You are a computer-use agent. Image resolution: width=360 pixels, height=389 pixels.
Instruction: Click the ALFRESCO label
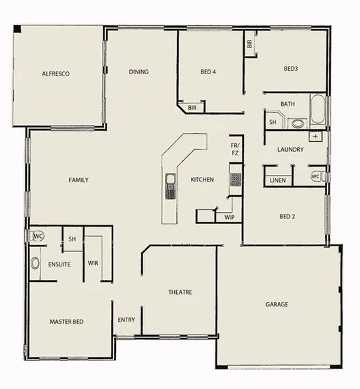(x=57, y=73)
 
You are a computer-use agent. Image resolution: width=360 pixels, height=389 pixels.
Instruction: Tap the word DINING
(x=138, y=71)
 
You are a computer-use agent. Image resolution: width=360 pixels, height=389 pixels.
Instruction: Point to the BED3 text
(x=291, y=69)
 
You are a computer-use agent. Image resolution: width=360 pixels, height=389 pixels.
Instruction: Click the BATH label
(x=287, y=104)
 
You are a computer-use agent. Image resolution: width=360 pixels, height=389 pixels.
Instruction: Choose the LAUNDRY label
(x=289, y=149)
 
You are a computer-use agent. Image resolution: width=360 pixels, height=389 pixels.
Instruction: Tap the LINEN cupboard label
(x=278, y=181)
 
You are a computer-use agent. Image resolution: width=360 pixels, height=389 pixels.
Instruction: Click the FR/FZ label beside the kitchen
(x=235, y=149)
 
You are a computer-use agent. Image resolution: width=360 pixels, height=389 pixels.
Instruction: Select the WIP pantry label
(x=229, y=218)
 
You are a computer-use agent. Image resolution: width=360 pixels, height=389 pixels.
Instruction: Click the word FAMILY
(x=78, y=180)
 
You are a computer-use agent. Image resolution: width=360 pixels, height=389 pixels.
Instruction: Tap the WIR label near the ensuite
(x=93, y=263)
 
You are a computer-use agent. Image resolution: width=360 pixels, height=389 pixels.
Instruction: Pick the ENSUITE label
(x=59, y=264)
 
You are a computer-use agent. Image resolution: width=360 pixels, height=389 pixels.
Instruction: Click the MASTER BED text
(x=66, y=321)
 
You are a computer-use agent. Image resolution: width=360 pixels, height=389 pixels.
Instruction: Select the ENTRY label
(x=127, y=320)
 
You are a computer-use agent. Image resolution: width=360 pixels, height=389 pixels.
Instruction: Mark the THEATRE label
(x=180, y=292)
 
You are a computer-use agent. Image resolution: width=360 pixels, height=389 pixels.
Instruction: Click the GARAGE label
(x=277, y=304)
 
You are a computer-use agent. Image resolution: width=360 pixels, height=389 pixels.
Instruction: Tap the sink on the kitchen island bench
(x=170, y=187)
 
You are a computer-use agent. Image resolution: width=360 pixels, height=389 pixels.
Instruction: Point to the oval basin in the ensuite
(x=35, y=264)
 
